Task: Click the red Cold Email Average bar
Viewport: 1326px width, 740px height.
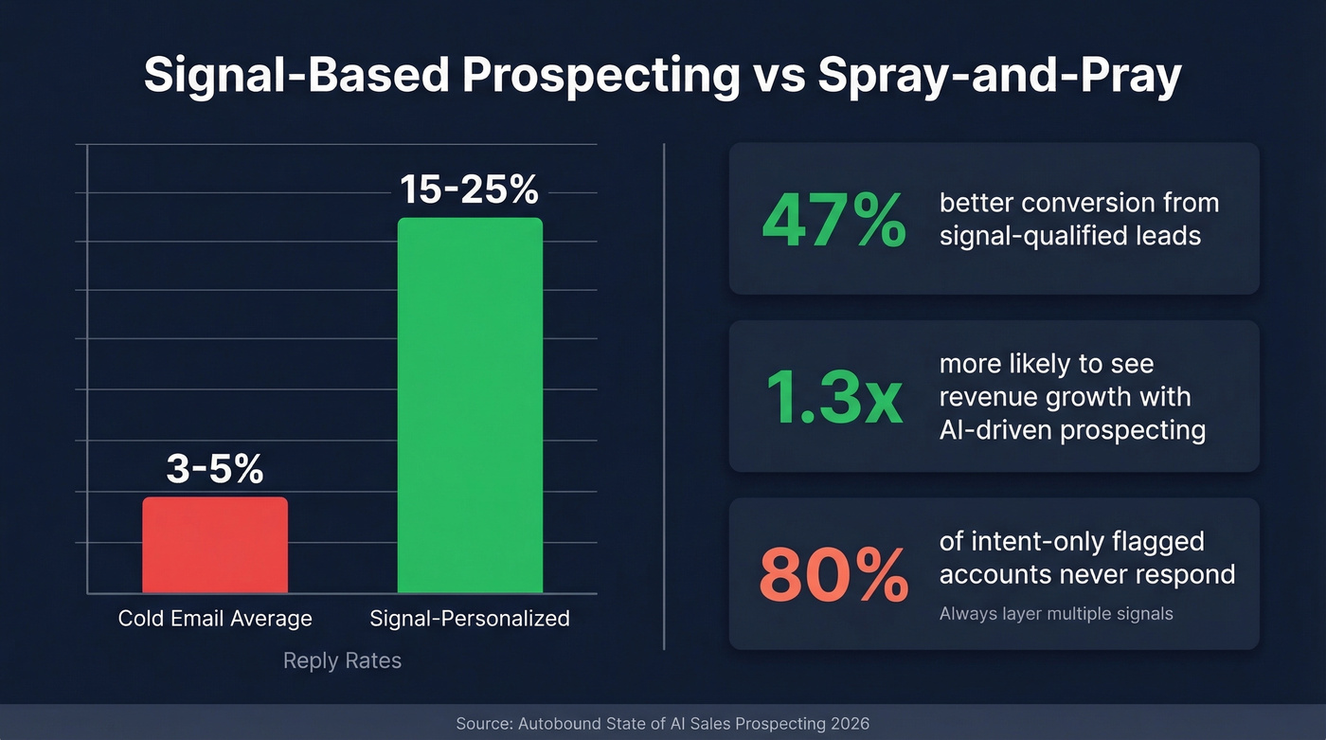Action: click(215, 545)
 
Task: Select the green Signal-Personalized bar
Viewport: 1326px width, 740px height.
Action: click(470, 406)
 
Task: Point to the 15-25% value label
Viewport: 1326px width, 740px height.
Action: click(469, 190)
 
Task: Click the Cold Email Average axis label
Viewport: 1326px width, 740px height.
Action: click(215, 619)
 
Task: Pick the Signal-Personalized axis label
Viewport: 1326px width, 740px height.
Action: click(470, 619)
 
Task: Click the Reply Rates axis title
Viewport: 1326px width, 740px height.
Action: click(342, 660)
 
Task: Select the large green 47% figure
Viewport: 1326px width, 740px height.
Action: click(833, 220)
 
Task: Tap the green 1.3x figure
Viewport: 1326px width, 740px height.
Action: click(833, 397)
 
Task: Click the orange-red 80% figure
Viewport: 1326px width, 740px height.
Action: click(833, 575)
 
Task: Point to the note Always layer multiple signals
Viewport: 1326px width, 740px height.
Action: click(1056, 614)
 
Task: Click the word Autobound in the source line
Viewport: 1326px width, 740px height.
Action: click(560, 724)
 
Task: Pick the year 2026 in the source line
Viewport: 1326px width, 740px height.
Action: click(849, 724)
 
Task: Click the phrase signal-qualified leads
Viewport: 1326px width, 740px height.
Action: click(1070, 235)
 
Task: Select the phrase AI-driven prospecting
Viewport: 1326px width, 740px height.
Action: click(1072, 429)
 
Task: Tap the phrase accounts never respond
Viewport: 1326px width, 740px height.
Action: click(1086, 574)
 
